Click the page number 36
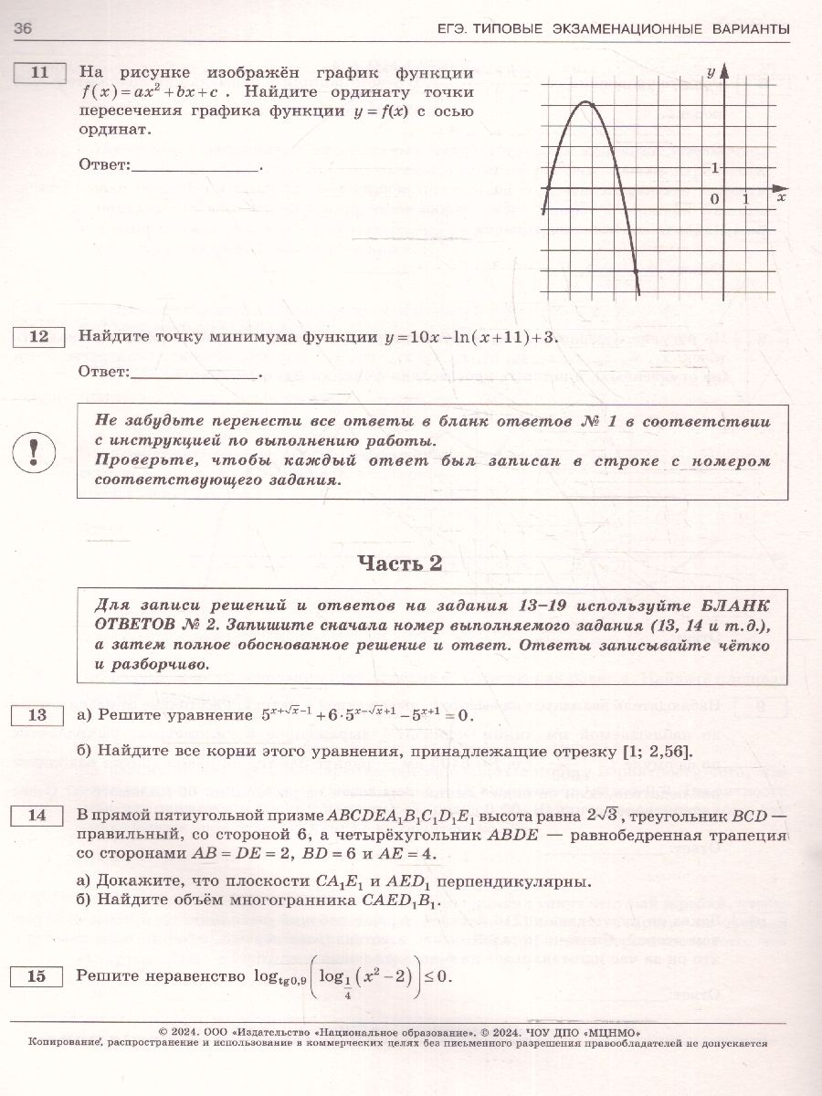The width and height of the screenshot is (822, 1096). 24,29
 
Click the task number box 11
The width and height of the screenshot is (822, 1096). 39,73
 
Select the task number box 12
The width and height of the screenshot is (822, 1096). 39,337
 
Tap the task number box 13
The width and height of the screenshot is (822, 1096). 39,715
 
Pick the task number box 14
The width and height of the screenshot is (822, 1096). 39,815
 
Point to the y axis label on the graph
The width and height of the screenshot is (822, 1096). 711,70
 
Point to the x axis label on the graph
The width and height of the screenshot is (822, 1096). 781,196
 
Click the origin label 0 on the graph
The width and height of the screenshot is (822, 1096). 715,198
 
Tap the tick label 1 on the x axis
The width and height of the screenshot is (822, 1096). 746,198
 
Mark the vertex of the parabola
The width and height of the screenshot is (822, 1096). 585,103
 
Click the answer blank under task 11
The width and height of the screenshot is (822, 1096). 196,166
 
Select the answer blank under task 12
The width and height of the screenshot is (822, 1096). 196,373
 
